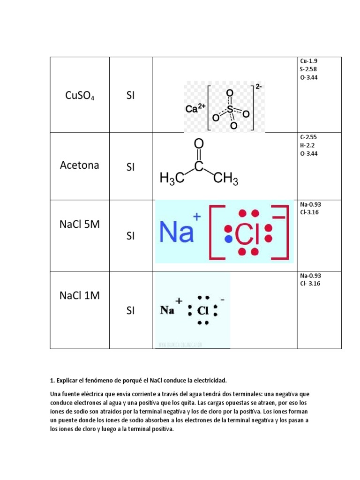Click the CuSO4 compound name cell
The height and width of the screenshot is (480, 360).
[x=80, y=97]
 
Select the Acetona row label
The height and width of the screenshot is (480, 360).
[x=80, y=165]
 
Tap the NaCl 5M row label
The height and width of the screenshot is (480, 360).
[x=80, y=224]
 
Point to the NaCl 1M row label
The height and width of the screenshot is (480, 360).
[x=80, y=296]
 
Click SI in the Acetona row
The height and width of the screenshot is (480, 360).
[x=130, y=167]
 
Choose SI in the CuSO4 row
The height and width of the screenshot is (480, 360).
[x=130, y=97]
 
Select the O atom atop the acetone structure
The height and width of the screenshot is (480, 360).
[x=199, y=143]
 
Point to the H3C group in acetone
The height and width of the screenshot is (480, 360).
[x=172, y=179]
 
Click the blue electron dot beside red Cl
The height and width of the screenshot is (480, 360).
[x=228, y=239]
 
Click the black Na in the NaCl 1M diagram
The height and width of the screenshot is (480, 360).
[x=167, y=310]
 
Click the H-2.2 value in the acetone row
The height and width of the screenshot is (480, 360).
[x=307, y=145]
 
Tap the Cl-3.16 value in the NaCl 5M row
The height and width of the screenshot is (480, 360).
[x=309, y=212]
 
